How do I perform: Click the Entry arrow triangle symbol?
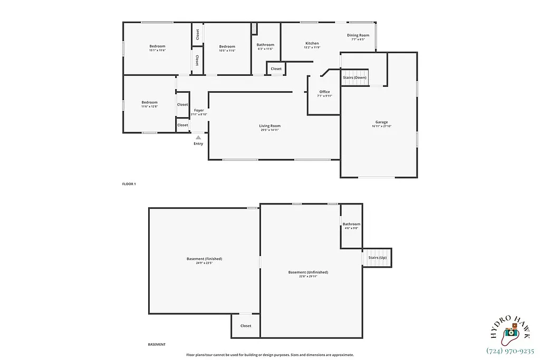point(198,137)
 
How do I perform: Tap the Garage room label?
point(382,121)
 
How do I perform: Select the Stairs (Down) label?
point(354,77)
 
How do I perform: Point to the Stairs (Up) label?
point(378,257)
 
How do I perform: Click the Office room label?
point(324,92)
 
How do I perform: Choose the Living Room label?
point(269,126)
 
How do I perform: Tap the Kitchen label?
point(312,43)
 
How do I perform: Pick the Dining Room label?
point(358,35)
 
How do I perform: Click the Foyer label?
point(198,110)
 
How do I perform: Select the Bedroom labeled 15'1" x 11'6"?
point(157,46)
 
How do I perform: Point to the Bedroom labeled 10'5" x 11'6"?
point(227,46)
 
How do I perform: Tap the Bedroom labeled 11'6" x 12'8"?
point(149,102)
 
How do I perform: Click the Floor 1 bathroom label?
point(265,45)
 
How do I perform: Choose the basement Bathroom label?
point(351,224)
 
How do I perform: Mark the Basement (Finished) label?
point(204,259)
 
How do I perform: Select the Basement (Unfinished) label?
point(308,272)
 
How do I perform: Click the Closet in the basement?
point(246,326)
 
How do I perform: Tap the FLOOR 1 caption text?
point(129,184)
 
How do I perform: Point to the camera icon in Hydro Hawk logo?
point(510,333)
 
